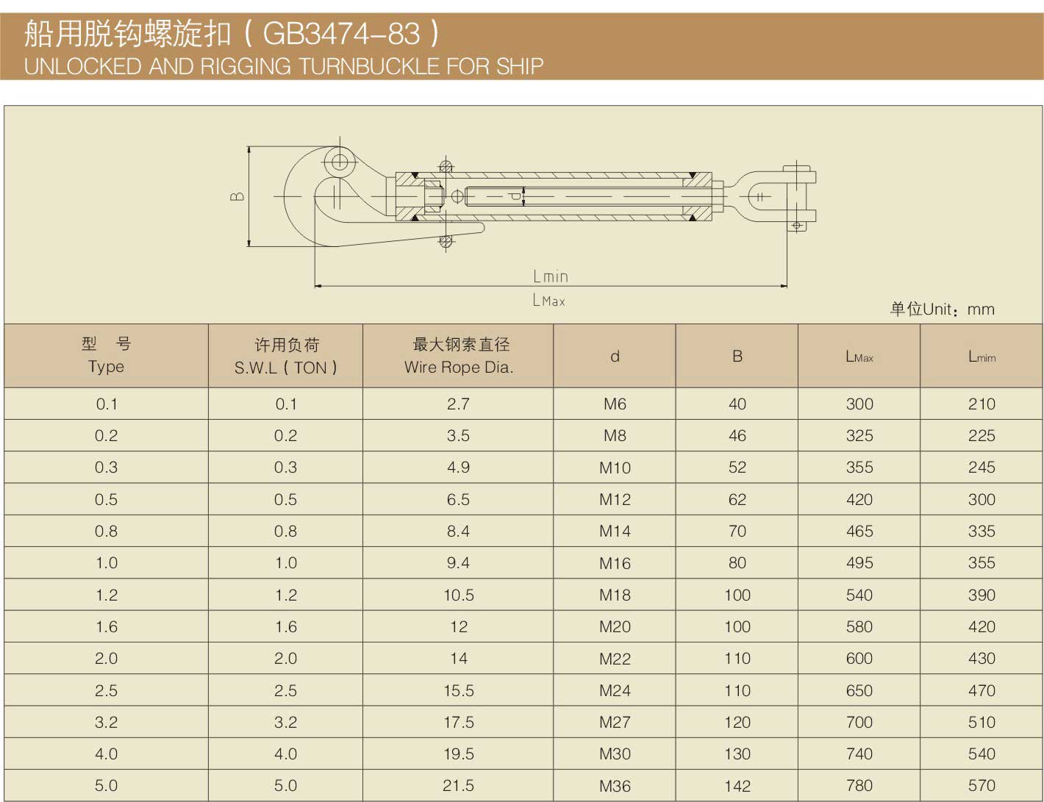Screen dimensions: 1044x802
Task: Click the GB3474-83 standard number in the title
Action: (x=342, y=34)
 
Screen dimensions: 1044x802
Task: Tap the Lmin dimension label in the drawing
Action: (x=551, y=276)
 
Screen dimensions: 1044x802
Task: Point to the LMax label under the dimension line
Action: (x=549, y=301)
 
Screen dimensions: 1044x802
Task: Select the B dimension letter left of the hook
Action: (x=237, y=196)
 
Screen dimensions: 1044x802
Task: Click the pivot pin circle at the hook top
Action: (x=340, y=162)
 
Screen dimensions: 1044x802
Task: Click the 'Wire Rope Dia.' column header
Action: (x=459, y=368)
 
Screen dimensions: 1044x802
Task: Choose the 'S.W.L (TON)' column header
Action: (x=286, y=368)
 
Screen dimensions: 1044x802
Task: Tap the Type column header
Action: (x=106, y=366)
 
